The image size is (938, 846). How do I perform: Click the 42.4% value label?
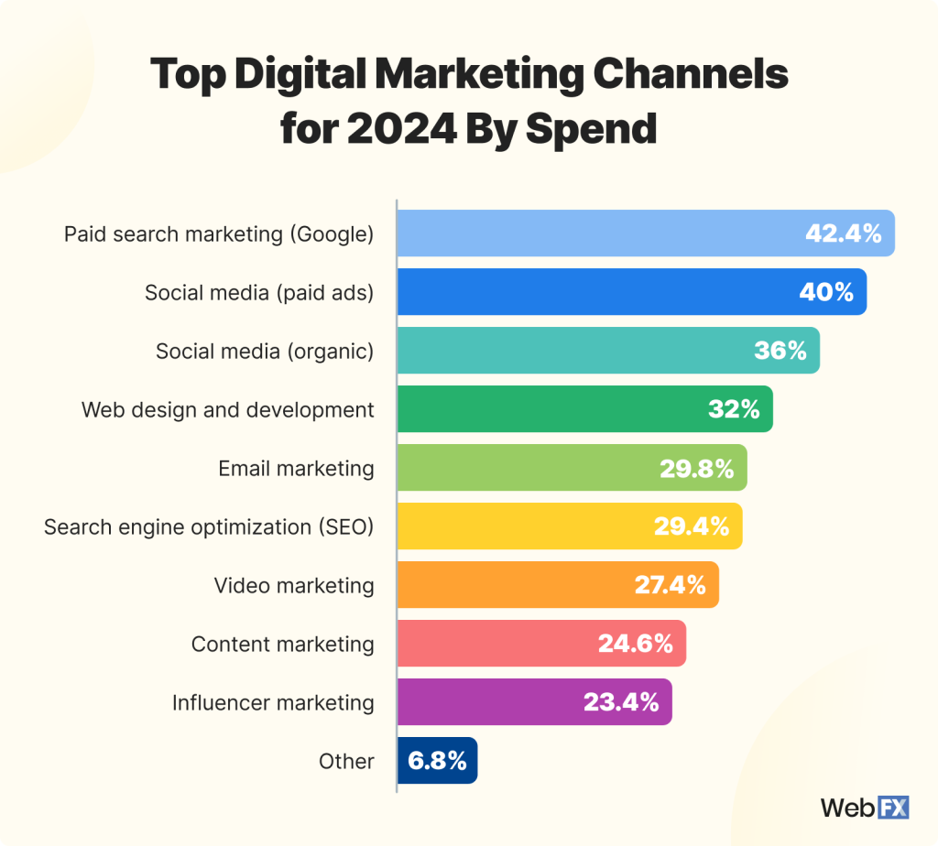pos(843,233)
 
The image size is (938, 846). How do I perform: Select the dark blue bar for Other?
pos(438,761)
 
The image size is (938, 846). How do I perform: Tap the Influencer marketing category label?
pos(273,702)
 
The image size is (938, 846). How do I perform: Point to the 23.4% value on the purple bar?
pos(621,702)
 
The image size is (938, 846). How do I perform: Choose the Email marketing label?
pos(296,468)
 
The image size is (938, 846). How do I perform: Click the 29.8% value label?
pos(696,468)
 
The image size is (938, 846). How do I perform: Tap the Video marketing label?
pos(294,585)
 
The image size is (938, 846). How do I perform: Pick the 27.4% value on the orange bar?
pos(670,585)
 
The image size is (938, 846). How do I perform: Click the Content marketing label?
pos(282,644)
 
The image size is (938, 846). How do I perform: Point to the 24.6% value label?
pos(636,644)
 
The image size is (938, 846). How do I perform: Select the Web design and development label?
pos(227,409)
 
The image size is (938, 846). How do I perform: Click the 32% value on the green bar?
pos(734,409)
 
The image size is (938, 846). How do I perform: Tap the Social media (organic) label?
pos(265,351)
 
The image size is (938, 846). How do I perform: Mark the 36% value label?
pos(780,351)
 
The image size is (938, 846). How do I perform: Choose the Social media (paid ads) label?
pos(259,292)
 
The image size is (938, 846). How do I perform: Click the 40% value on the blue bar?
pos(826,292)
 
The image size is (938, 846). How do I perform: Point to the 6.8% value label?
pos(438,761)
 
